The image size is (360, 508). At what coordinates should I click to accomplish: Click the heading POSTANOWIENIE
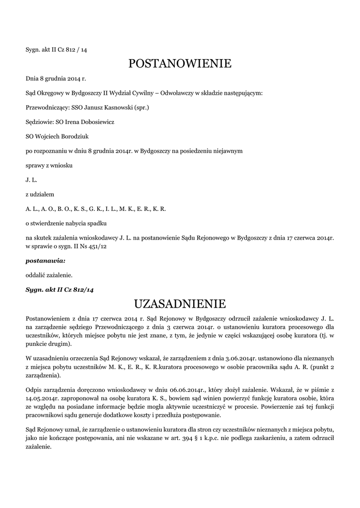[180, 63]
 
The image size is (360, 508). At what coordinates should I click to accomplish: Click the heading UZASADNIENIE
[180, 303]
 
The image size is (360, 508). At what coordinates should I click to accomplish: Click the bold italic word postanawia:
[45, 260]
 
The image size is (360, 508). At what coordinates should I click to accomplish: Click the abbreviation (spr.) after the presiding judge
[140, 107]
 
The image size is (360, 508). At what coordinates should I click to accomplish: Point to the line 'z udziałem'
[39, 194]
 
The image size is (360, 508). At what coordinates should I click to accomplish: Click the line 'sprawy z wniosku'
[49, 165]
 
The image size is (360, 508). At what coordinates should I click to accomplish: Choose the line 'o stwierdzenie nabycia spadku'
[66, 223]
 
